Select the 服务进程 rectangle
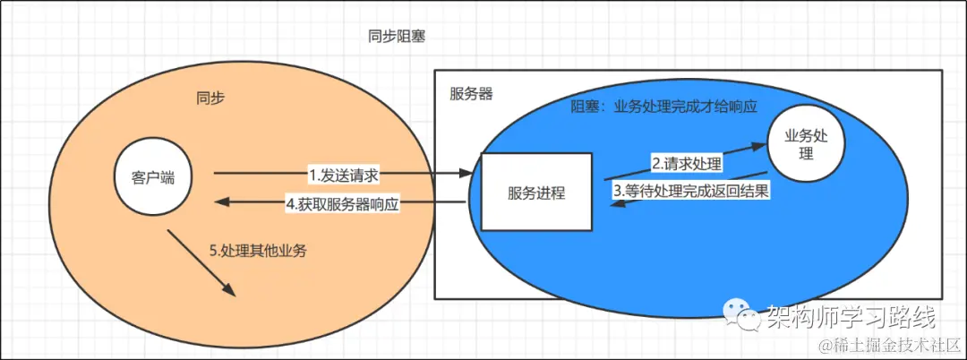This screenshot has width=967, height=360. pyautogui.click(x=536, y=193)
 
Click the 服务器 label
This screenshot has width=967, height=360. pyautogui.click(x=471, y=94)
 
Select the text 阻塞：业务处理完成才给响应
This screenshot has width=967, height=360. pyautogui.click(x=664, y=106)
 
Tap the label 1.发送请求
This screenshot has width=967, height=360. pyautogui.click(x=344, y=173)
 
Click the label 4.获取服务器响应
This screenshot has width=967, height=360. pyautogui.click(x=342, y=203)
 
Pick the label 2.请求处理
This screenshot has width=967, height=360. pyautogui.click(x=686, y=164)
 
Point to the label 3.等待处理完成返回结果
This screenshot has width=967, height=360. pyautogui.click(x=691, y=190)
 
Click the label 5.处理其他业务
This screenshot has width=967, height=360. pyautogui.click(x=258, y=251)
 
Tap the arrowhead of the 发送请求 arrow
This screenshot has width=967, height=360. pyautogui.click(x=473, y=173)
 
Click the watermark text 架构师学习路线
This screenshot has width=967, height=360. pyautogui.click(x=850, y=316)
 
